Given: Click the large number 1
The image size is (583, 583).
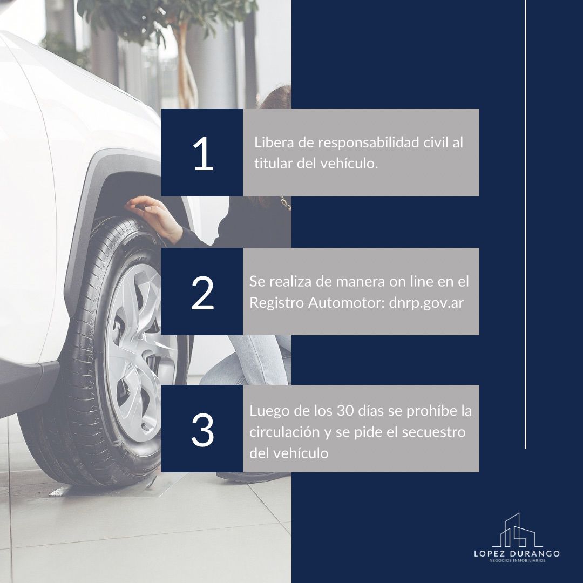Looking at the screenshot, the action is [204, 153].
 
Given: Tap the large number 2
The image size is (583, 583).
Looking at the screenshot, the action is [202, 293].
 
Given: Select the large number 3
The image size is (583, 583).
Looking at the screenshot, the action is [202, 430].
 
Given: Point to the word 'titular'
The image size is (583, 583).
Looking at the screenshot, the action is [273, 163].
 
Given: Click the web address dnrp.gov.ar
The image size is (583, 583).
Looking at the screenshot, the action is [426, 303].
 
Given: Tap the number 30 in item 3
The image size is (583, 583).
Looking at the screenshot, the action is [345, 411].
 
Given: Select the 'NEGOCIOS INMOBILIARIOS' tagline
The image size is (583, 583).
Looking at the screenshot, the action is [517, 560].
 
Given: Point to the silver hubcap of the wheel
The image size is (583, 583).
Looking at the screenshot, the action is [135, 357].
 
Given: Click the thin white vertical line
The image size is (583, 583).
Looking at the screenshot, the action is [525, 224].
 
